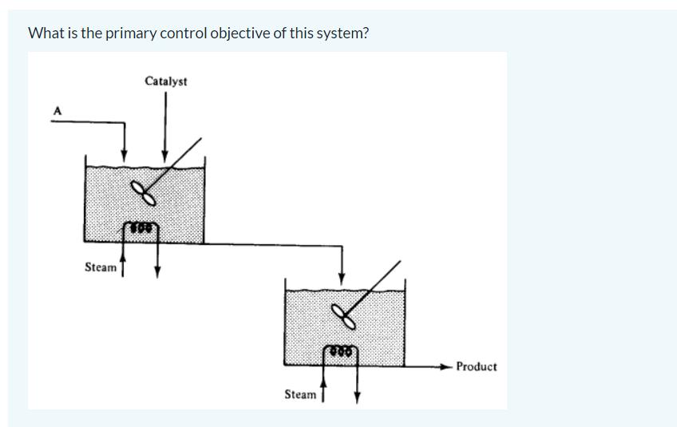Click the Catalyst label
166,81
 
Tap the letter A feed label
57,110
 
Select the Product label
476,366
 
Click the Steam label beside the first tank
100,267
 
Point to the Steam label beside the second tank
300,394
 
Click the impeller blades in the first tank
143,192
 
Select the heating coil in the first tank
141,229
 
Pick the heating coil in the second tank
341,350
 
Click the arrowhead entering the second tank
342,279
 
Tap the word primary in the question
129,34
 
